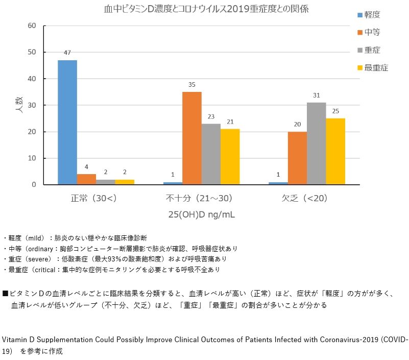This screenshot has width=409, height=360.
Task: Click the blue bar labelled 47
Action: click(x=67, y=122)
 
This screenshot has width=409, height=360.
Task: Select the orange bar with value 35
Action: click(x=192, y=138)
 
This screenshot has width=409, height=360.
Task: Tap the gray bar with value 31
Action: click(x=317, y=143)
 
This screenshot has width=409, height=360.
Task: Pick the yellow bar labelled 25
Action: click(x=335, y=151)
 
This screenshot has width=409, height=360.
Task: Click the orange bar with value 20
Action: click(x=297, y=158)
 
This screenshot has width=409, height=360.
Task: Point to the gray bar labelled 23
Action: click(x=211, y=154)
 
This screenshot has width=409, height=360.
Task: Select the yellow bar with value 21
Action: click(x=230, y=156)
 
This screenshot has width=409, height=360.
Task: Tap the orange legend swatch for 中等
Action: click(x=360, y=33)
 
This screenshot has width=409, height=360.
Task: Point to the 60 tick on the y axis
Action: click(x=32, y=26)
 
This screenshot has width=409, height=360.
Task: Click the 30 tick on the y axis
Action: click(x=32, y=105)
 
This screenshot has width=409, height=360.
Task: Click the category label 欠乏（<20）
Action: click(x=304, y=198)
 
